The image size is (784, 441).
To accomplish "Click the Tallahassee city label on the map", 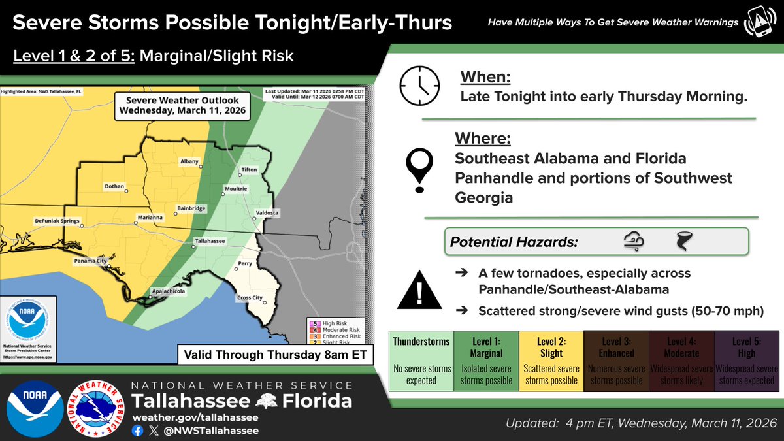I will click(210, 241).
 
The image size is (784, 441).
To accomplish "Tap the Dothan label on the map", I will click(114, 186).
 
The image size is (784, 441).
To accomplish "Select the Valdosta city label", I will click(267, 213).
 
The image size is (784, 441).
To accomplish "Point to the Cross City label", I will click(248, 298).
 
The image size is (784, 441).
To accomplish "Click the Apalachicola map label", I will click(166, 292).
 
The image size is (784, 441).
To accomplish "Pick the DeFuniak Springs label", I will click(57, 221).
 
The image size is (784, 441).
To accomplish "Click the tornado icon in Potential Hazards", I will click(683, 242).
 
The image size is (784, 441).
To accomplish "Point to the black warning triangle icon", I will click(419, 290).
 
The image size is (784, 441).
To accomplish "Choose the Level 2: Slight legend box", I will click(551, 361).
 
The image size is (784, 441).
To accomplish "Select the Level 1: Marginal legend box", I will click(485, 361).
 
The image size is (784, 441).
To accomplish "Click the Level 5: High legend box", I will click(746, 361).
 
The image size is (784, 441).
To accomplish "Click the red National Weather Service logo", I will click(96, 409).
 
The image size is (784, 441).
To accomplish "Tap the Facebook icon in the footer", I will click(137, 431).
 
